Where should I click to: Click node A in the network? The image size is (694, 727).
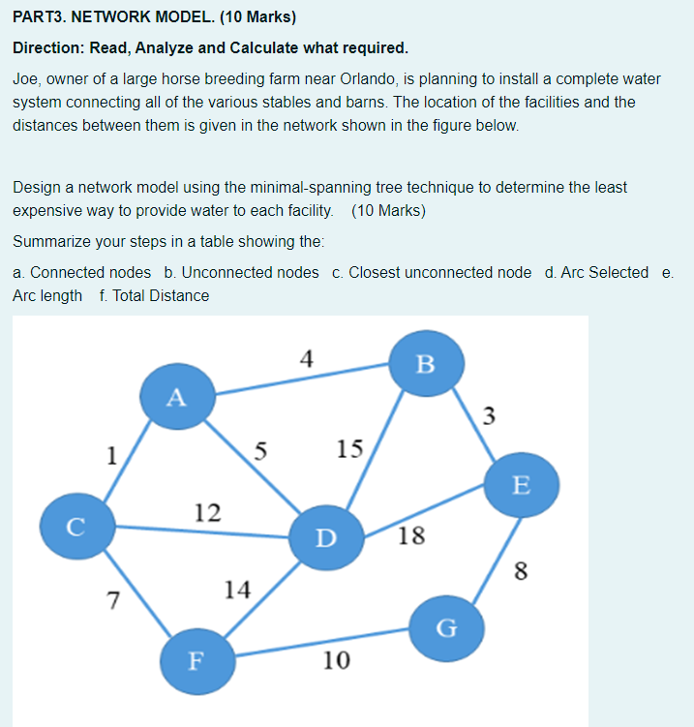174,396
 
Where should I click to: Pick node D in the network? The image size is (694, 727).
326,535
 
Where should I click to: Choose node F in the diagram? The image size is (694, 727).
196,661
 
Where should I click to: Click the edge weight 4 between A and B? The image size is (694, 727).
306,359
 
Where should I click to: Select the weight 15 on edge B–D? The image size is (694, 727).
349,448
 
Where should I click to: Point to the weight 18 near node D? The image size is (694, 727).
410,536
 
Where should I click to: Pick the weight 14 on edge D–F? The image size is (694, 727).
236,589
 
